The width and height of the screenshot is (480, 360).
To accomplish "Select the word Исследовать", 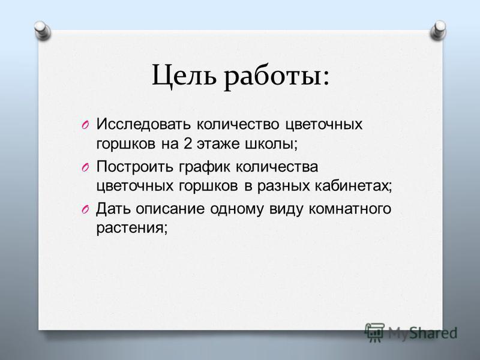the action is point(144,124).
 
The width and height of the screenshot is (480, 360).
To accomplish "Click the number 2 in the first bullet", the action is point(188,143).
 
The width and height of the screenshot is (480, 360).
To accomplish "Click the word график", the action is point(205,167).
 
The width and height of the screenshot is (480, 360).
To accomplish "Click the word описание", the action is point(170,209).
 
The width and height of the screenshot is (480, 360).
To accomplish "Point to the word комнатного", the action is point(350,209).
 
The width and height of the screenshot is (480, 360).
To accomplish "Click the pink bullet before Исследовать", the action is point(85,125).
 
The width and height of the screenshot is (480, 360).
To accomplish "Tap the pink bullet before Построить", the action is point(85,167).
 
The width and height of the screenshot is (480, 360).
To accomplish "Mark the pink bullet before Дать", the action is point(85,209).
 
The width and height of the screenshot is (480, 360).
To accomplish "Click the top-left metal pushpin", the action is point(42,31).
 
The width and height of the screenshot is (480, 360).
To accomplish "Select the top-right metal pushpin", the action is point(438,31).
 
